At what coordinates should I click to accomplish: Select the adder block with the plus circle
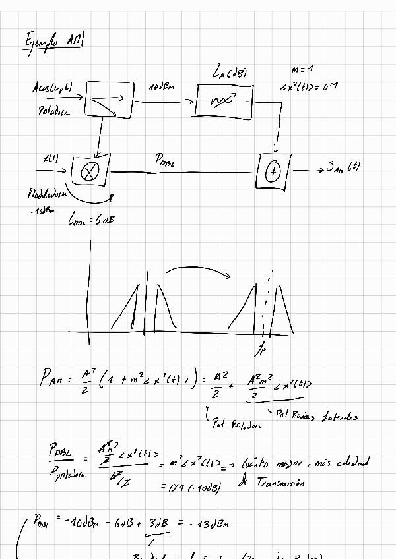[x=273, y=172]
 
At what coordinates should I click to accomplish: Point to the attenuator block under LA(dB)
[x=224, y=102]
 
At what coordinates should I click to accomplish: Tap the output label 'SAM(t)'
[x=343, y=167]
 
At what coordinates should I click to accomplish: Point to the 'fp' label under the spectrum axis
[x=265, y=345]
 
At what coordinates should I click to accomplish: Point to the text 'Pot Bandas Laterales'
[x=319, y=416]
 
